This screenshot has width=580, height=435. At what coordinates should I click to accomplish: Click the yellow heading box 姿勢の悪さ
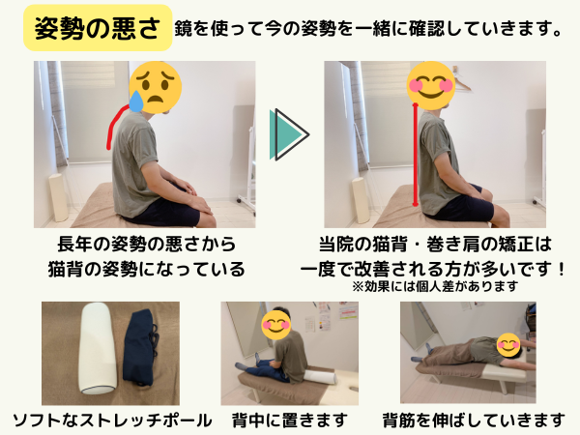(x=98, y=28)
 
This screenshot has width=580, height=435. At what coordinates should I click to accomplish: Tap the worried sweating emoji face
(x=156, y=87)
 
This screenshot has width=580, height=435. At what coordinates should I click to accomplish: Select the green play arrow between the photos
(x=289, y=134)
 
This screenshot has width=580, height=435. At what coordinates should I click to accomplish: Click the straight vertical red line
(x=416, y=155)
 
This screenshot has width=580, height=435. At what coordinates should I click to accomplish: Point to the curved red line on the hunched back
(x=112, y=124)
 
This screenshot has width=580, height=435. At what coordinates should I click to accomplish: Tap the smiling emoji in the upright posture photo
(x=430, y=86)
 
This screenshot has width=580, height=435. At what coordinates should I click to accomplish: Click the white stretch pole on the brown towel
(x=98, y=348)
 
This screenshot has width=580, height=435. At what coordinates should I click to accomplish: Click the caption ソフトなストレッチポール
(x=112, y=420)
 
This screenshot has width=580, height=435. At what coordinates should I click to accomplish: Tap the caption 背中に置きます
(x=290, y=420)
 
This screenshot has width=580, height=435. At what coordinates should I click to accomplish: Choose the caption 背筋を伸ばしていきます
(x=474, y=420)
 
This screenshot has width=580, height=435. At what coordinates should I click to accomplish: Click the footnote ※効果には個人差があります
(x=435, y=286)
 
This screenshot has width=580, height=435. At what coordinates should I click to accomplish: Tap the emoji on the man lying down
(x=508, y=345)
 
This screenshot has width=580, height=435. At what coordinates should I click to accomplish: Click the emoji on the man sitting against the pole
(x=275, y=324)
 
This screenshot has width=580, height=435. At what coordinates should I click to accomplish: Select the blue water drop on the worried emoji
(x=136, y=101)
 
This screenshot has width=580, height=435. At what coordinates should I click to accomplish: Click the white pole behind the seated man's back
(x=320, y=377)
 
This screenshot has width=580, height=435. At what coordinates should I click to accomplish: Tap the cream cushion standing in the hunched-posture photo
(x=58, y=197)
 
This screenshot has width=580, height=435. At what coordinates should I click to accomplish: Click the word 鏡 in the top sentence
(x=183, y=28)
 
